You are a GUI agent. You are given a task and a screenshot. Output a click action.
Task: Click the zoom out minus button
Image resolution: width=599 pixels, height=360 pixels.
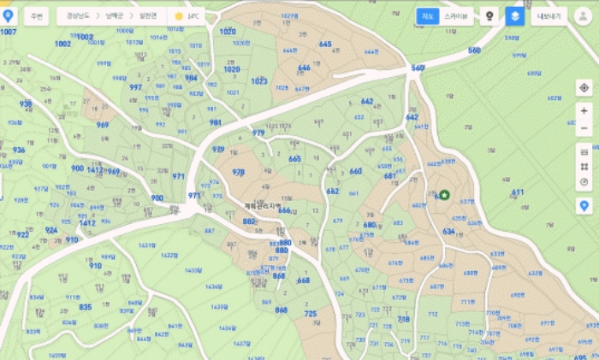pos(584,128)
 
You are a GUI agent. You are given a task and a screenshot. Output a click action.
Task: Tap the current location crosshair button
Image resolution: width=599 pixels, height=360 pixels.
pos(584,87)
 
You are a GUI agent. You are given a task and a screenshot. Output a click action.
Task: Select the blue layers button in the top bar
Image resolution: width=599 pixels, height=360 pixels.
pos(513,16)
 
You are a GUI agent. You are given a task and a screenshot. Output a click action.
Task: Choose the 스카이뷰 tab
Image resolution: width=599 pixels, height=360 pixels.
pos(455,16)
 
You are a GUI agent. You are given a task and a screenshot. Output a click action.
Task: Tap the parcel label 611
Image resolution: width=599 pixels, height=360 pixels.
pos(518,193)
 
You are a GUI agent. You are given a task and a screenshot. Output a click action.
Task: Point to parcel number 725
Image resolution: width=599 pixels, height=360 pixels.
pos(310,315)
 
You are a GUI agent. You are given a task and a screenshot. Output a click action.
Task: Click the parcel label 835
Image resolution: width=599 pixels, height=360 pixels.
pos(86,307)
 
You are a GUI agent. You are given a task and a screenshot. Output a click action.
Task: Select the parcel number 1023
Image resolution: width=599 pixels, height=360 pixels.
pos(258,81)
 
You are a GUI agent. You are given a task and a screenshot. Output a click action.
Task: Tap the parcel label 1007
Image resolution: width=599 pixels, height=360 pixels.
pos(9,32)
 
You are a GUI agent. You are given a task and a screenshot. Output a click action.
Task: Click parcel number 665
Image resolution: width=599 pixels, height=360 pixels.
pos(294,159)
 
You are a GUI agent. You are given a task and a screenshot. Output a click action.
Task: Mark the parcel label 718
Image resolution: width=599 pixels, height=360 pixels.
pos(404,320)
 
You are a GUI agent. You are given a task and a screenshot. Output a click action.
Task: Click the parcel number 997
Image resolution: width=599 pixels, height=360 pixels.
pos(135,87)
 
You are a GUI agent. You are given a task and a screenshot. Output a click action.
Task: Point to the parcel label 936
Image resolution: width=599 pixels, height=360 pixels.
pos(19,150)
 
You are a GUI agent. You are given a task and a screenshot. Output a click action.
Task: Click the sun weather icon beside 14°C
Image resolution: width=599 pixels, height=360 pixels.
pos(179,16)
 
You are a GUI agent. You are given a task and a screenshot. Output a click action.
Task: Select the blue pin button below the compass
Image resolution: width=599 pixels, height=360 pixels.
pos(584,206)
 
